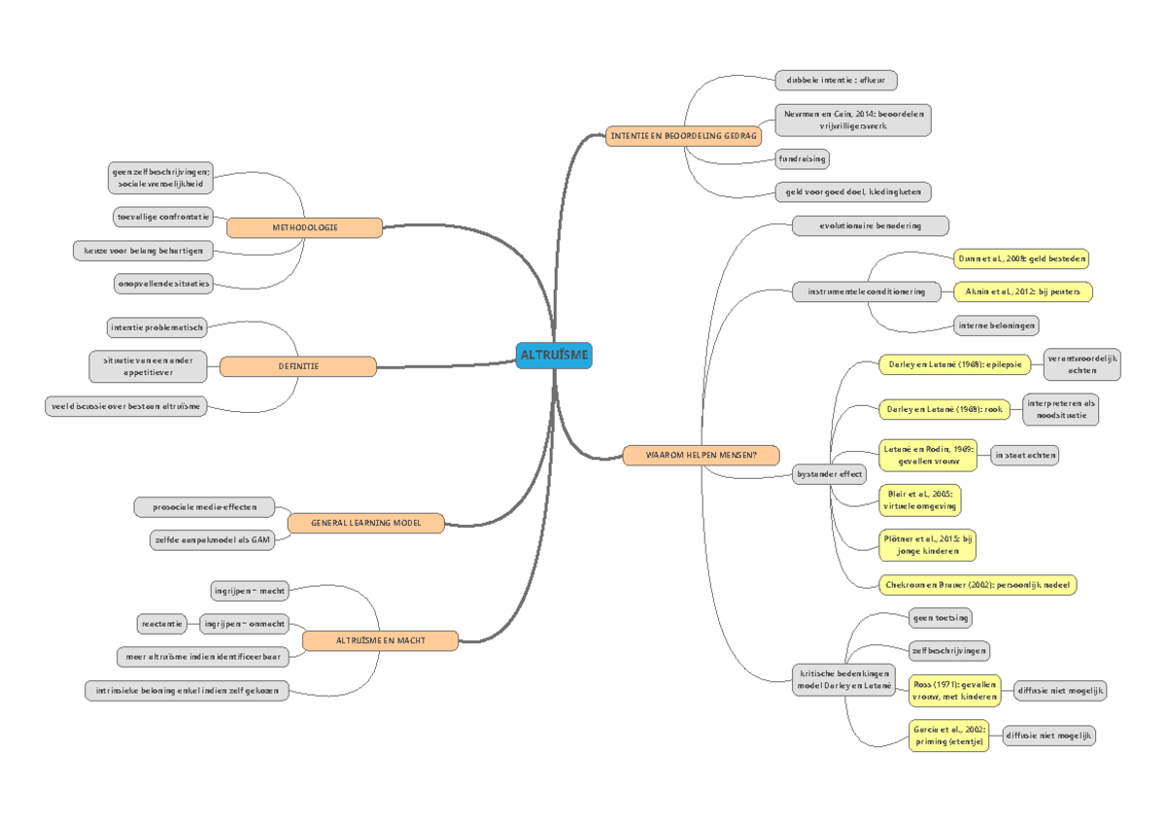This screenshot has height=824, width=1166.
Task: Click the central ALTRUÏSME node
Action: (554, 356)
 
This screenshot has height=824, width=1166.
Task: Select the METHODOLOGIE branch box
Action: (305, 227)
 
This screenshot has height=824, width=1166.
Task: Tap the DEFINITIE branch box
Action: (298, 366)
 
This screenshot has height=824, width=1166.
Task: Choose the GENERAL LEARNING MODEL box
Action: (365, 523)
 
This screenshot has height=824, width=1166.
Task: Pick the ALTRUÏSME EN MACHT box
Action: (381, 640)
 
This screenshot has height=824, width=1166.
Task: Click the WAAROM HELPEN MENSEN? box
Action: (701, 454)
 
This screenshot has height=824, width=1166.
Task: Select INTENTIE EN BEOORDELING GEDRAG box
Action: (683, 137)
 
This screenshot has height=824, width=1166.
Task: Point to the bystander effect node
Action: (829, 474)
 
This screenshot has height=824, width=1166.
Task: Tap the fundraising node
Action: (802, 157)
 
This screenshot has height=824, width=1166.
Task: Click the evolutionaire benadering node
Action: (871, 225)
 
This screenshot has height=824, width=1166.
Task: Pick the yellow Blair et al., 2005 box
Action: (919, 499)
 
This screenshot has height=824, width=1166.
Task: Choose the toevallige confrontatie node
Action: (162, 217)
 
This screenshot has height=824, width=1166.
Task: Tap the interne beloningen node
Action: (996, 325)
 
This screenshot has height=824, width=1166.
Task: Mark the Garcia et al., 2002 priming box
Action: (949, 735)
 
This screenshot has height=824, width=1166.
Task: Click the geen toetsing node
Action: (940, 617)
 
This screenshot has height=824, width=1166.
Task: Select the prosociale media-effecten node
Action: (204, 506)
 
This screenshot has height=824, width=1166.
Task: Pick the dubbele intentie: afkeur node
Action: (836, 80)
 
